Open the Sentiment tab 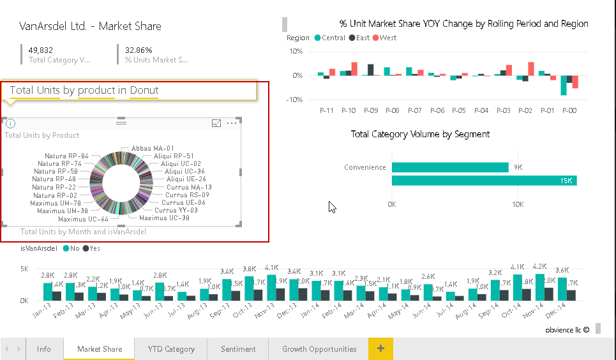click(x=238, y=349)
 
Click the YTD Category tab click(x=171, y=349)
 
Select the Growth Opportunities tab click(x=319, y=349)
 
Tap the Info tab click(x=44, y=349)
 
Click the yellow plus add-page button click(x=380, y=349)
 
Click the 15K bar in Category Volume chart click(x=484, y=181)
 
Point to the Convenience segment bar click(x=449, y=167)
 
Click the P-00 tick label click(x=569, y=110)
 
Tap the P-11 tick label click(x=326, y=110)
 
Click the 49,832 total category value click(x=41, y=50)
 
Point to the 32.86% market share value click(x=139, y=50)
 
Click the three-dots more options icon click(x=232, y=123)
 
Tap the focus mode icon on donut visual click(x=216, y=123)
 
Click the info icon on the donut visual click(x=10, y=124)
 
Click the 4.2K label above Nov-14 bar click(x=540, y=267)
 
